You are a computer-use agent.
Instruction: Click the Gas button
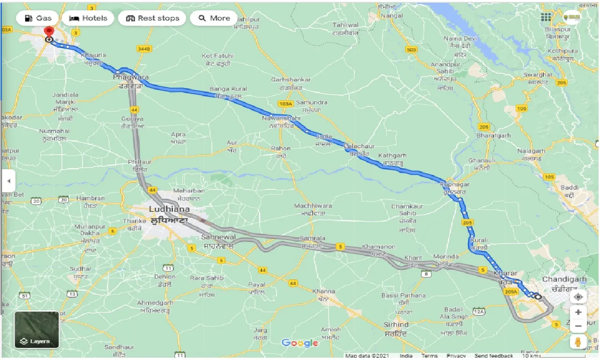(x=37, y=18)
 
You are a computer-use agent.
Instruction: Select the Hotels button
(x=88, y=18)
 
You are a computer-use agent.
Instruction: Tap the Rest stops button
(x=152, y=18)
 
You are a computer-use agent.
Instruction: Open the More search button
(x=214, y=18)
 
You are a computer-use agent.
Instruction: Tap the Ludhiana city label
(x=169, y=209)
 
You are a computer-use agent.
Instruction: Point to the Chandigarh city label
(x=564, y=279)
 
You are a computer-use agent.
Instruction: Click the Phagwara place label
(x=131, y=77)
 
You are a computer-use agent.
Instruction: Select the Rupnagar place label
(x=454, y=185)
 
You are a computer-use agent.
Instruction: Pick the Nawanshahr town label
(x=281, y=119)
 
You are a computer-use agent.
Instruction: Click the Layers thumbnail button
(x=37, y=330)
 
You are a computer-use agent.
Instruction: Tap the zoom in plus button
(x=578, y=312)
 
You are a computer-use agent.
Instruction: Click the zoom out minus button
(x=578, y=326)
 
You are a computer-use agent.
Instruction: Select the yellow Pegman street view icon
(x=578, y=342)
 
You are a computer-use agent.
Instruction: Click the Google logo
(x=300, y=343)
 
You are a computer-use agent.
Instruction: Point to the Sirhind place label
(x=396, y=324)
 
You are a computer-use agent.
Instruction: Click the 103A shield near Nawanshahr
(x=285, y=104)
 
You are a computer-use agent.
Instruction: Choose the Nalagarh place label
(x=532, y=151)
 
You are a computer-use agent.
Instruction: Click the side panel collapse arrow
(x=8, y=181)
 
